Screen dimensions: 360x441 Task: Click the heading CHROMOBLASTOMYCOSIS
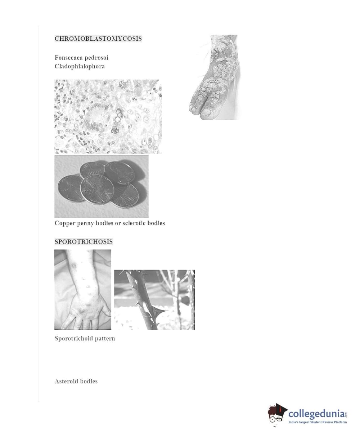pos(98,39)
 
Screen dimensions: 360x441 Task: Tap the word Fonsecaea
pos(68,58)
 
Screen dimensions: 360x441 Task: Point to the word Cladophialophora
pos(80,66)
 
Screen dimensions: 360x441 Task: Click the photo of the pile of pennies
pos(101,186)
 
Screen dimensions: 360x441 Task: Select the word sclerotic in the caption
pos(134,223)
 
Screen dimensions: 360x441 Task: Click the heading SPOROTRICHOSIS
pos(84,241)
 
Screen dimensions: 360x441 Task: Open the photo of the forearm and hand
pos(83,289)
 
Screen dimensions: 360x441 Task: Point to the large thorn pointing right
pos(161,311)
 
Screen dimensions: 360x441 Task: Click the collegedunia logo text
pos(318,414)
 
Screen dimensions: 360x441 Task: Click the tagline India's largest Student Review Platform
pos(318,422)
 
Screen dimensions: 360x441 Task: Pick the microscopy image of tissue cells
pos(108,116)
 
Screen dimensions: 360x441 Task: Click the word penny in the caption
pos(86,223)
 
